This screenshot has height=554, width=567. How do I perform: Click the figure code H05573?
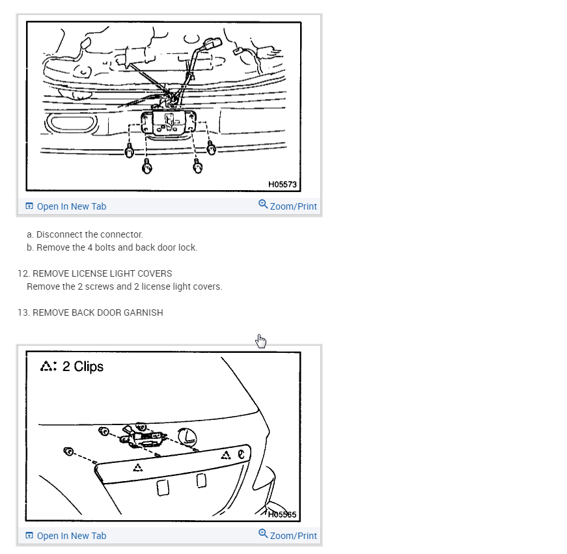tap(282, 184)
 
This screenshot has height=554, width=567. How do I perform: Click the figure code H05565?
tap(282, 514)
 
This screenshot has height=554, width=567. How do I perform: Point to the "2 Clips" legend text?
tap(83, 367)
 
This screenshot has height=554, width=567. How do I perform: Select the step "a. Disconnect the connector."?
tap(85, 234)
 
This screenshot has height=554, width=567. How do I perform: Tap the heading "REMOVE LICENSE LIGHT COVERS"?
tap(102, 273)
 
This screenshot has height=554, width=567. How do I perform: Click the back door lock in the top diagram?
tap(169, 122)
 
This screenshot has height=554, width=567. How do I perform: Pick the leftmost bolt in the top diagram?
tap(129, 152)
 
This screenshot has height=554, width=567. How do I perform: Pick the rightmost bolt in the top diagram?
tap(211, 148)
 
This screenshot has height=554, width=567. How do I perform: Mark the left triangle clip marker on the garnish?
tap(137, 467)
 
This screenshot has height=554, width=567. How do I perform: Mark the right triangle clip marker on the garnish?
tap(225, 455)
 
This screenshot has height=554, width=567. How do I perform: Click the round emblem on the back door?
tap(187, 437)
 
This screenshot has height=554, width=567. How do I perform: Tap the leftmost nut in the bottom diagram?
tap(68, 451)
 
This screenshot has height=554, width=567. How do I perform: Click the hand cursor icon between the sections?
tap(261, 340)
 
